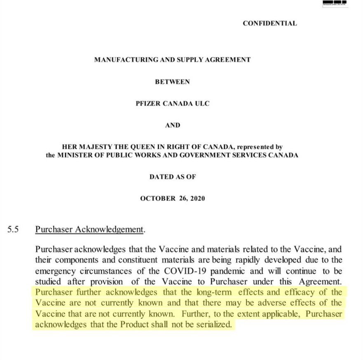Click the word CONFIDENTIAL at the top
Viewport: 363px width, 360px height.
(269, 23)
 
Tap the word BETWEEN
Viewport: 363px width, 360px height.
(172, 82)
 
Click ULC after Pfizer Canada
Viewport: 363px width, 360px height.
(202, 103)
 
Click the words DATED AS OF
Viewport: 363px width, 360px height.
(172, 177)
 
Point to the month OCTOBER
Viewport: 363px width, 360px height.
(157, 198)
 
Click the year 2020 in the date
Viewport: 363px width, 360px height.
(197, 198)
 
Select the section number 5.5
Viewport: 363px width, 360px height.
(13, 230)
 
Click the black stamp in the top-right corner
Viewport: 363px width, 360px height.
(335, 4)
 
